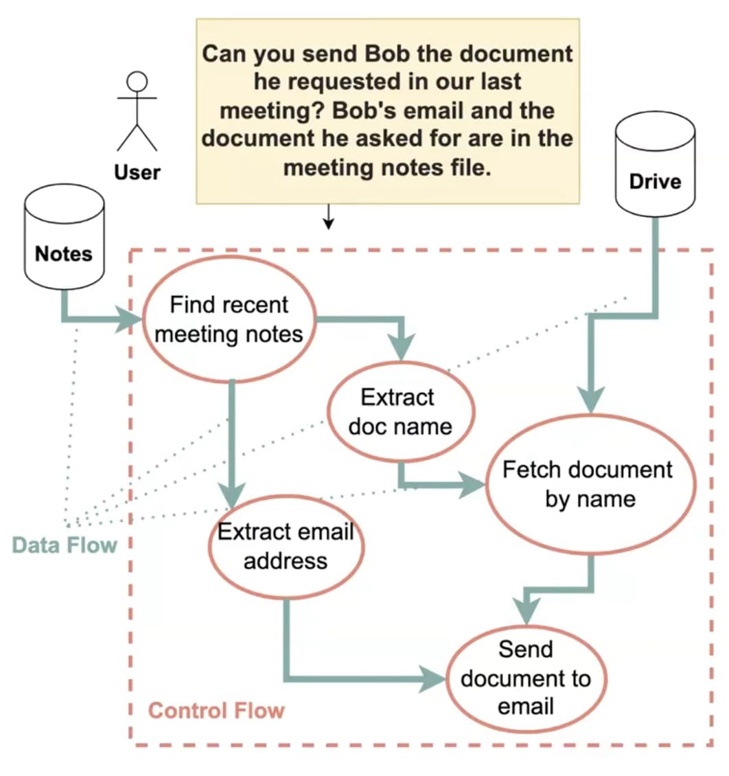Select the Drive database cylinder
pyautogui.click(x=655, y=165)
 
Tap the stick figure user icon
pyautogui.click(x=137, y=110)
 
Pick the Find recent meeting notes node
pyautogui.click(x=228, y=319)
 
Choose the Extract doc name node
pyautogui.click(x=401, y=411)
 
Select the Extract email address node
pyautogui.click(x=286, y=546)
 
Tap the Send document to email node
pyautogui.click(x=526, y=678)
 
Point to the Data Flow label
pyautogui.click(x=65, y=546)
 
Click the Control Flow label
pyautogui.click(x=216, y=710)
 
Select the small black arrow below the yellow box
pyautogui.click(x=328, y=220)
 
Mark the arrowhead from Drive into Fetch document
pyautogui.click(x=590, y=400)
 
